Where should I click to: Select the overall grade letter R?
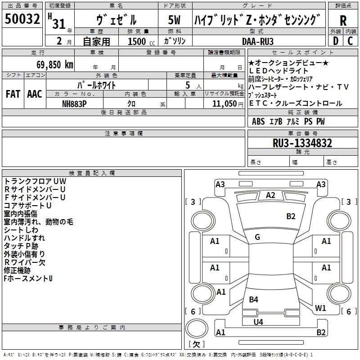coord(343,20)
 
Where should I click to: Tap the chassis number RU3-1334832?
coord(302,143)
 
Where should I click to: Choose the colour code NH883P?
coord(74,103)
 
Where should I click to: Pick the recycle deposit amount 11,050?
coord(221,103)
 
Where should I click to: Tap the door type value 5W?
coord(175,20)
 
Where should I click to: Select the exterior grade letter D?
coord(335,41)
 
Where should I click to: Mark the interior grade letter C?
coord(350,41)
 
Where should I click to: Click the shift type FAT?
coord(13,94)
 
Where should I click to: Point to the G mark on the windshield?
coord(257,237)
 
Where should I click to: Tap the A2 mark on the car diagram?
coord(270,195)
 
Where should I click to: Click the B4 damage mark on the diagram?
coord(254,299)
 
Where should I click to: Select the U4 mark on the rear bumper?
coord(258,322)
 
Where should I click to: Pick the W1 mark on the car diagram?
coord(320,308)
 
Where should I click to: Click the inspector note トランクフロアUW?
coord(32,181)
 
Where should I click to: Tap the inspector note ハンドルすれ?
coord(24,238)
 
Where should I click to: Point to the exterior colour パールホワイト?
coord(96,85)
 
